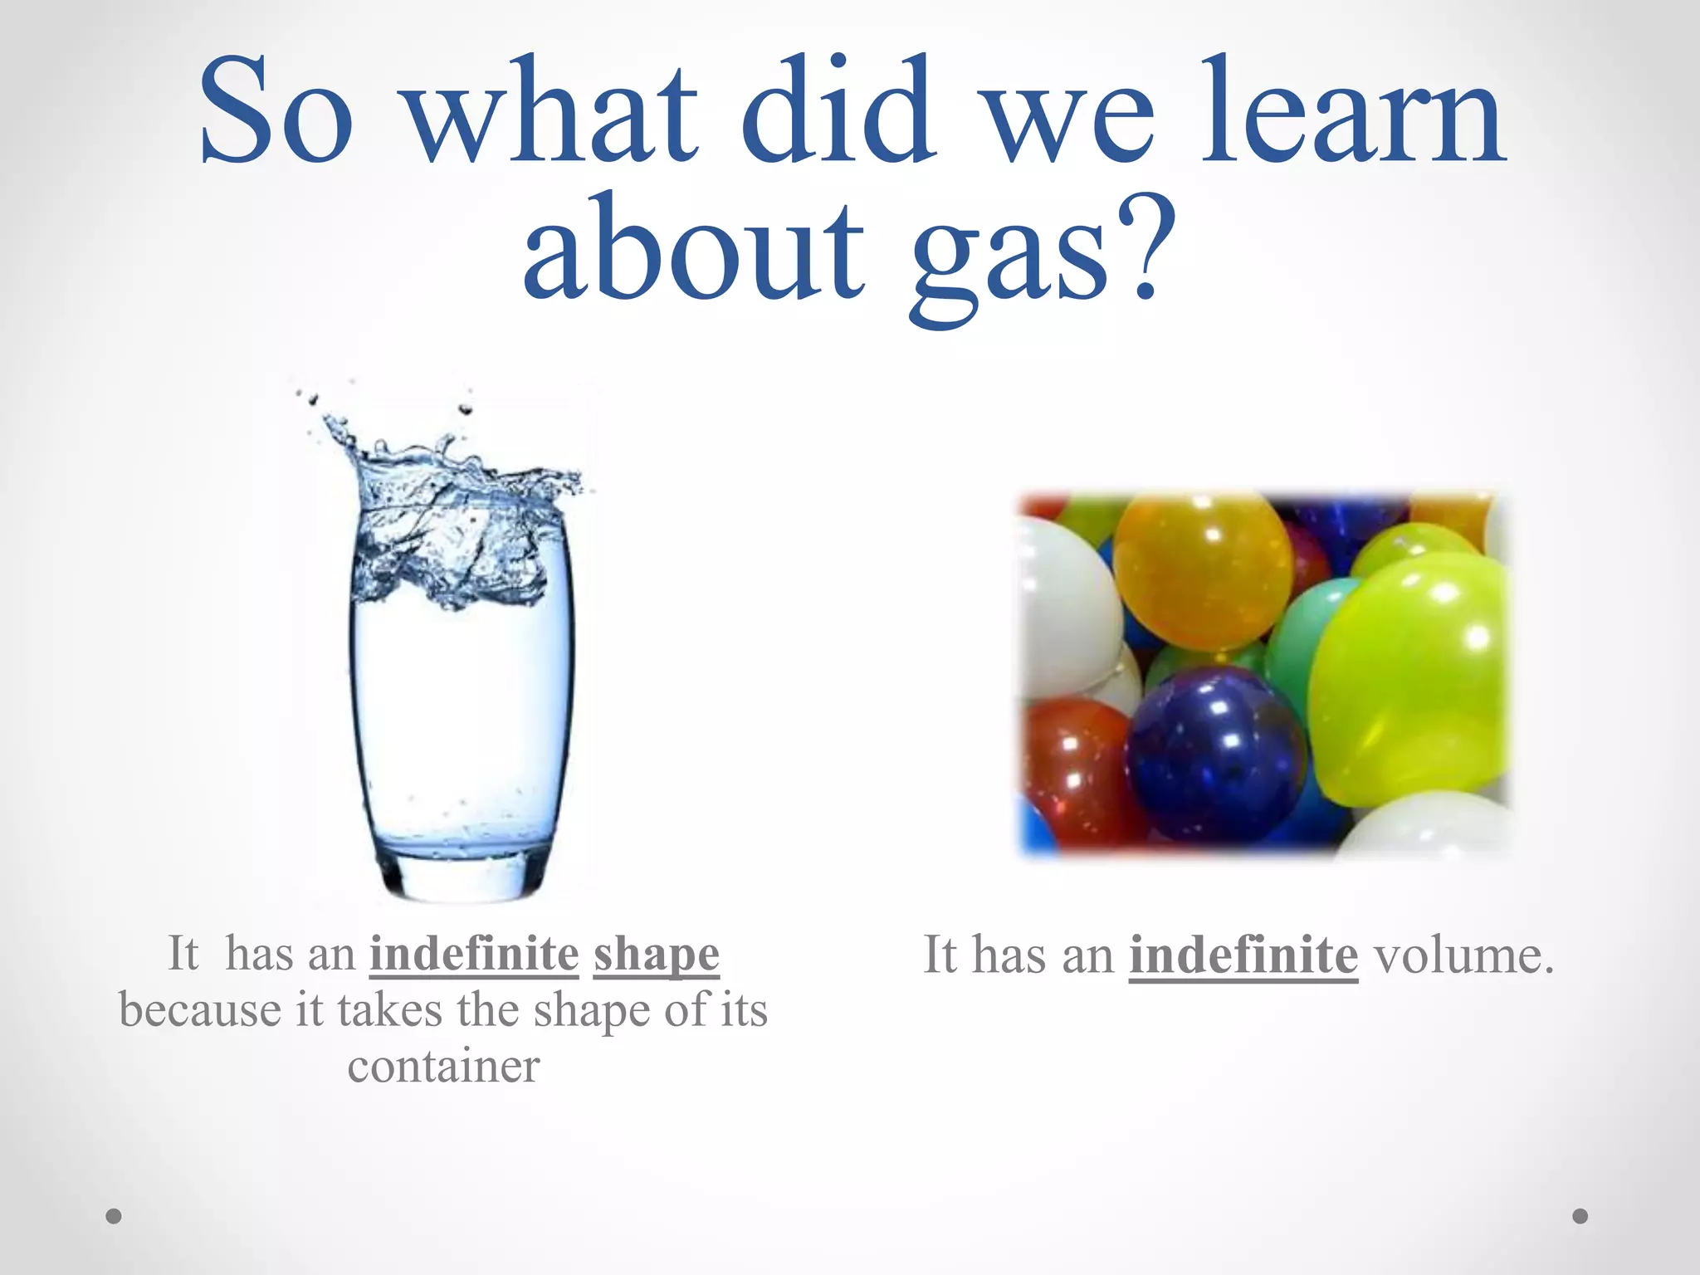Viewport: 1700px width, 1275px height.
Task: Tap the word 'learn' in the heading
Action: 1353,112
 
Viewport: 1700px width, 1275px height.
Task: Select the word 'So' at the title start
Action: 276,112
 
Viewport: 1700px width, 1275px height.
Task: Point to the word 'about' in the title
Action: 694,249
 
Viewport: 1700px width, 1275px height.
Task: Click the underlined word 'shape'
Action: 656,955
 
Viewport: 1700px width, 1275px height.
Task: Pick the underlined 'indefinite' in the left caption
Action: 474,954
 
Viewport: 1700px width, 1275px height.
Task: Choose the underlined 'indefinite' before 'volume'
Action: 1243,955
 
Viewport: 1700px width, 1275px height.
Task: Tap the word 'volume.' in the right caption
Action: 1463,955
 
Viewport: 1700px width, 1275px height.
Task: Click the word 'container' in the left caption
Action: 443,1067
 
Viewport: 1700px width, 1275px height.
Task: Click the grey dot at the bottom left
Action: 114,1216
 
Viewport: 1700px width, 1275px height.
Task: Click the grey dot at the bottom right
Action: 1580,1216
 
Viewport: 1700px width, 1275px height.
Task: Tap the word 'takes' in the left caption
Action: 389,1011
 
